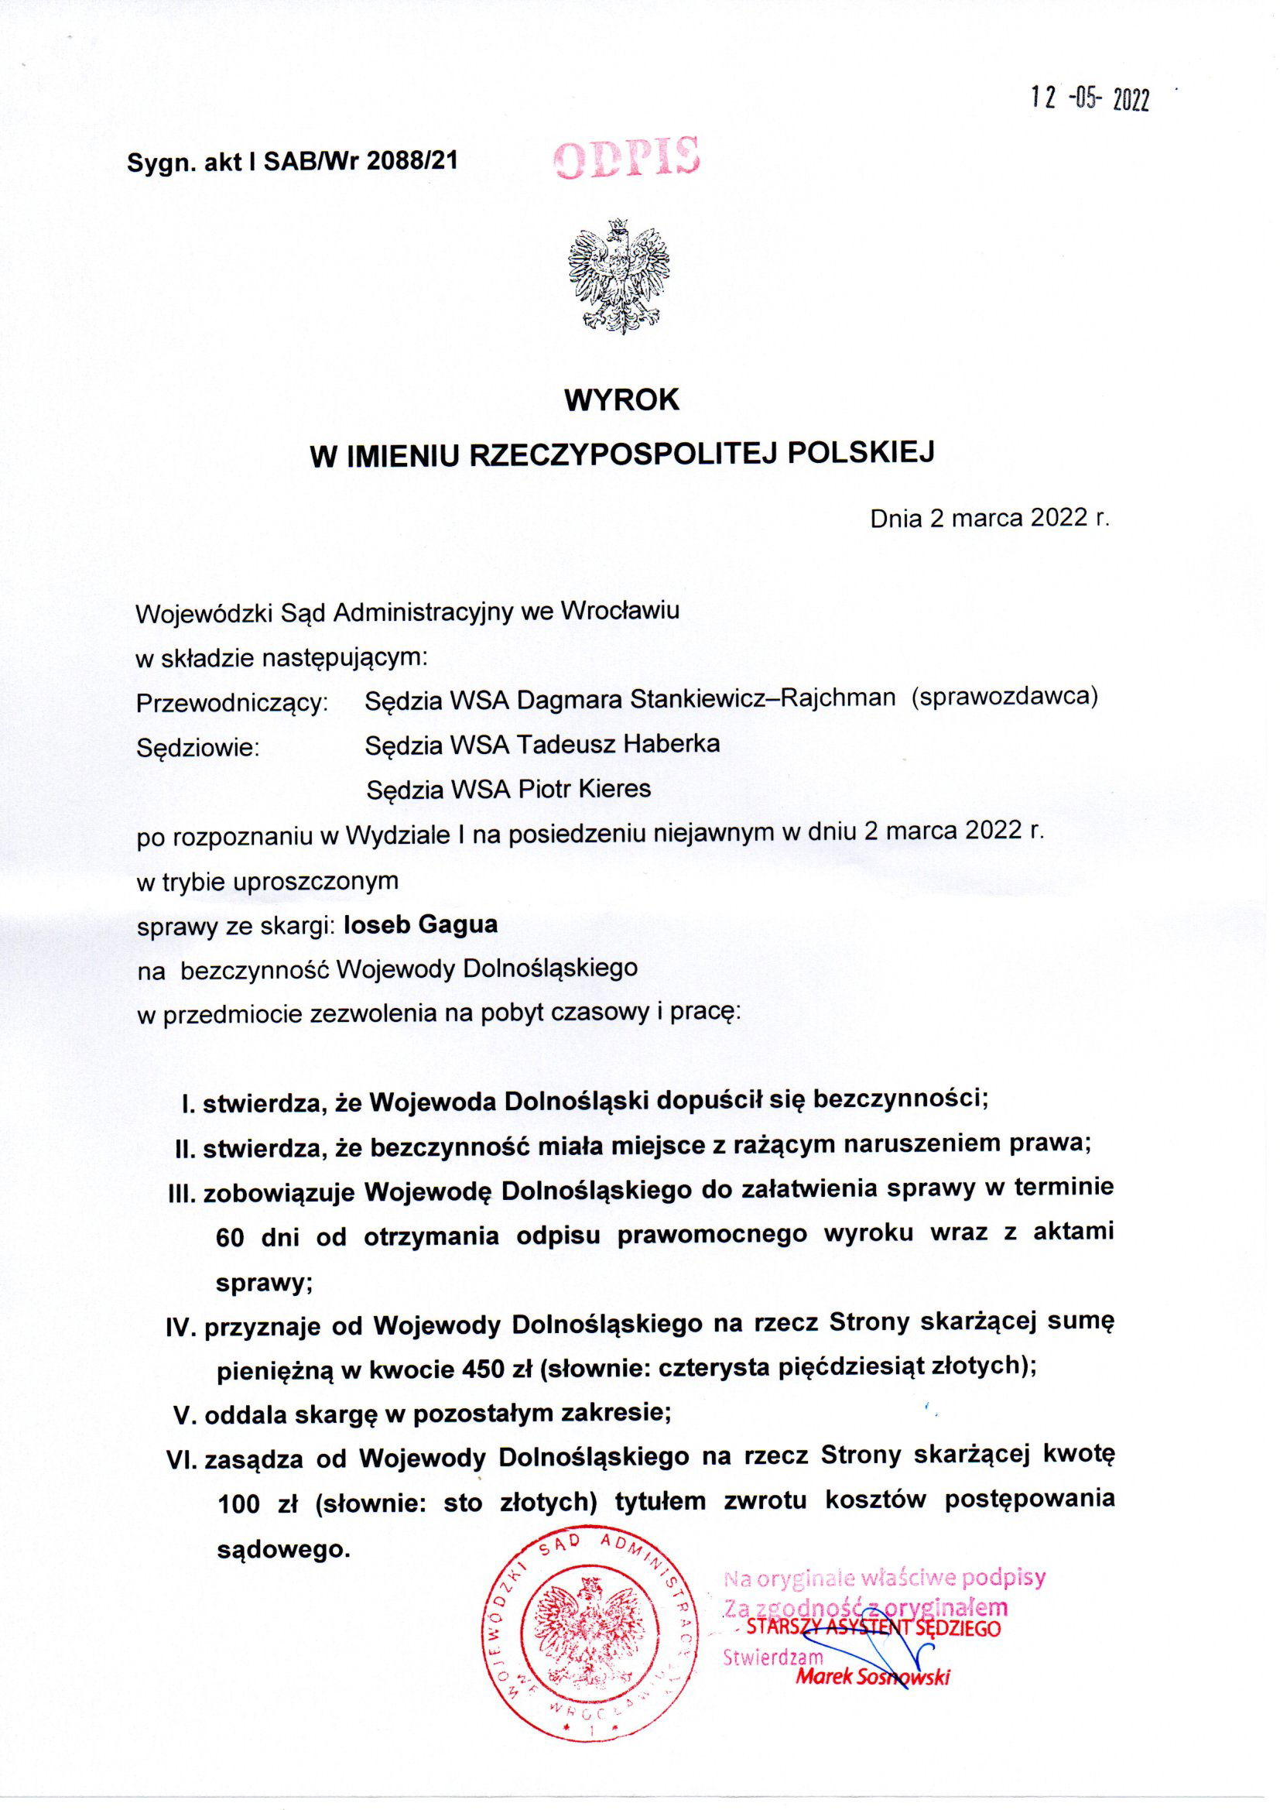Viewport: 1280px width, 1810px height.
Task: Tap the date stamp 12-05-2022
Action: (1091, 99)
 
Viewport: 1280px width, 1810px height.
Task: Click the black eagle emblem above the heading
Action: (619, 276)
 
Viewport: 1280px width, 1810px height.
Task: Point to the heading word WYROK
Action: (622, 399)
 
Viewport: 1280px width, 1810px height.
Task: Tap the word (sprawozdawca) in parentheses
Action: (1004, 697)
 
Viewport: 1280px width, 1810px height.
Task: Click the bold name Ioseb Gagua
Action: (421, 924)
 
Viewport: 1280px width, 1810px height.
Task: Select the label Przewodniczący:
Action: (231, 701)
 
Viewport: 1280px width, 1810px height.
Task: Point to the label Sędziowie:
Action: (198, 746)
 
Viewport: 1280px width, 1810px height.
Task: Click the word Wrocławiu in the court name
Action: (619, 611)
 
